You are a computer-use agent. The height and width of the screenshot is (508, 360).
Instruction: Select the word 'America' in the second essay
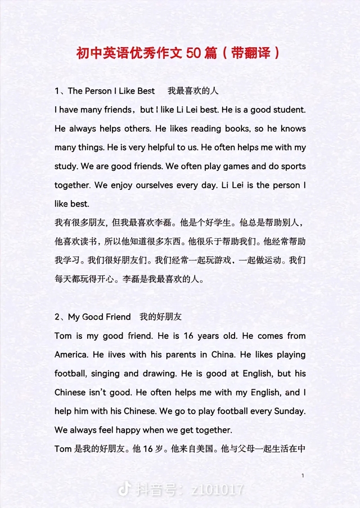click(71, 355)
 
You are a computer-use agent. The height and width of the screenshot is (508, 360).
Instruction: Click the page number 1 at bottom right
click(303, 476)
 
